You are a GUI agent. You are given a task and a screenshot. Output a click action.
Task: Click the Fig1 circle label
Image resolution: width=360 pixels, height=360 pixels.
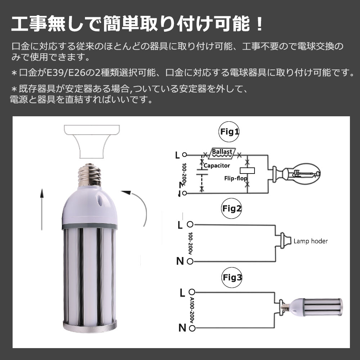coord(229,132)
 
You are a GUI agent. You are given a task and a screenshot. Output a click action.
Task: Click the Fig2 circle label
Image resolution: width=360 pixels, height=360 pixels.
coord(232,208)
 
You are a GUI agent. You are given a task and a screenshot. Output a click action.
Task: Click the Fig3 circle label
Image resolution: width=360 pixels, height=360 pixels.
coord(232,278)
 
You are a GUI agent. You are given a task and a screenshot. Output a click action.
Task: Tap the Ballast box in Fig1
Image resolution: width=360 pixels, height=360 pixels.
coord(222,152)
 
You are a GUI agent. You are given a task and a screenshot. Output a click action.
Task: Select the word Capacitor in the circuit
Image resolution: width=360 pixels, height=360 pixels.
coord(217,166)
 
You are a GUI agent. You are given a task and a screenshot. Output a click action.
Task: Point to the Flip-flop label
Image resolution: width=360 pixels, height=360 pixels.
coord(234,178)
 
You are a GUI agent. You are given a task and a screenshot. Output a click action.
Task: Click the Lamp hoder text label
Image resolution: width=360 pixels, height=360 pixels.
coord(310,241)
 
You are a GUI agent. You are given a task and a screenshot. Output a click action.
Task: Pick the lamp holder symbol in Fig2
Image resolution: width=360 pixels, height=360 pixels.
coord(283,240)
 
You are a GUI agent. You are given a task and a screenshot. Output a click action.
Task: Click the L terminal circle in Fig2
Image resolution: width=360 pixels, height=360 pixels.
coord(190,225)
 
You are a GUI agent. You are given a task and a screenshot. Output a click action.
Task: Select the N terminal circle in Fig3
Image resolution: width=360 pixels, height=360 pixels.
coord(193,328)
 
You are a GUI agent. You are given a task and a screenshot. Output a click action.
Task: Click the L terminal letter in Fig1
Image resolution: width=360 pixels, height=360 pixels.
coord(177,155)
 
